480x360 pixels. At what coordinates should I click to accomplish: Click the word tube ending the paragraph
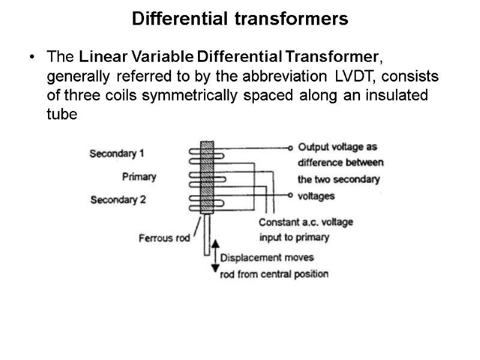[62, 115]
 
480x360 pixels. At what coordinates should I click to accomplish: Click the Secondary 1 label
[116, 153]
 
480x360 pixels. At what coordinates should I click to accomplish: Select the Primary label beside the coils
[139, 176]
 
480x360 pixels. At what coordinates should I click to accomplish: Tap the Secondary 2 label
[118, 200]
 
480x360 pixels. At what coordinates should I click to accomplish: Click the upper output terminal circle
[290, 148]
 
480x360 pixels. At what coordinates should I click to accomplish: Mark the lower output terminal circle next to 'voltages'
[290, 195]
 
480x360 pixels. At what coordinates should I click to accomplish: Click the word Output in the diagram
[312, 147]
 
